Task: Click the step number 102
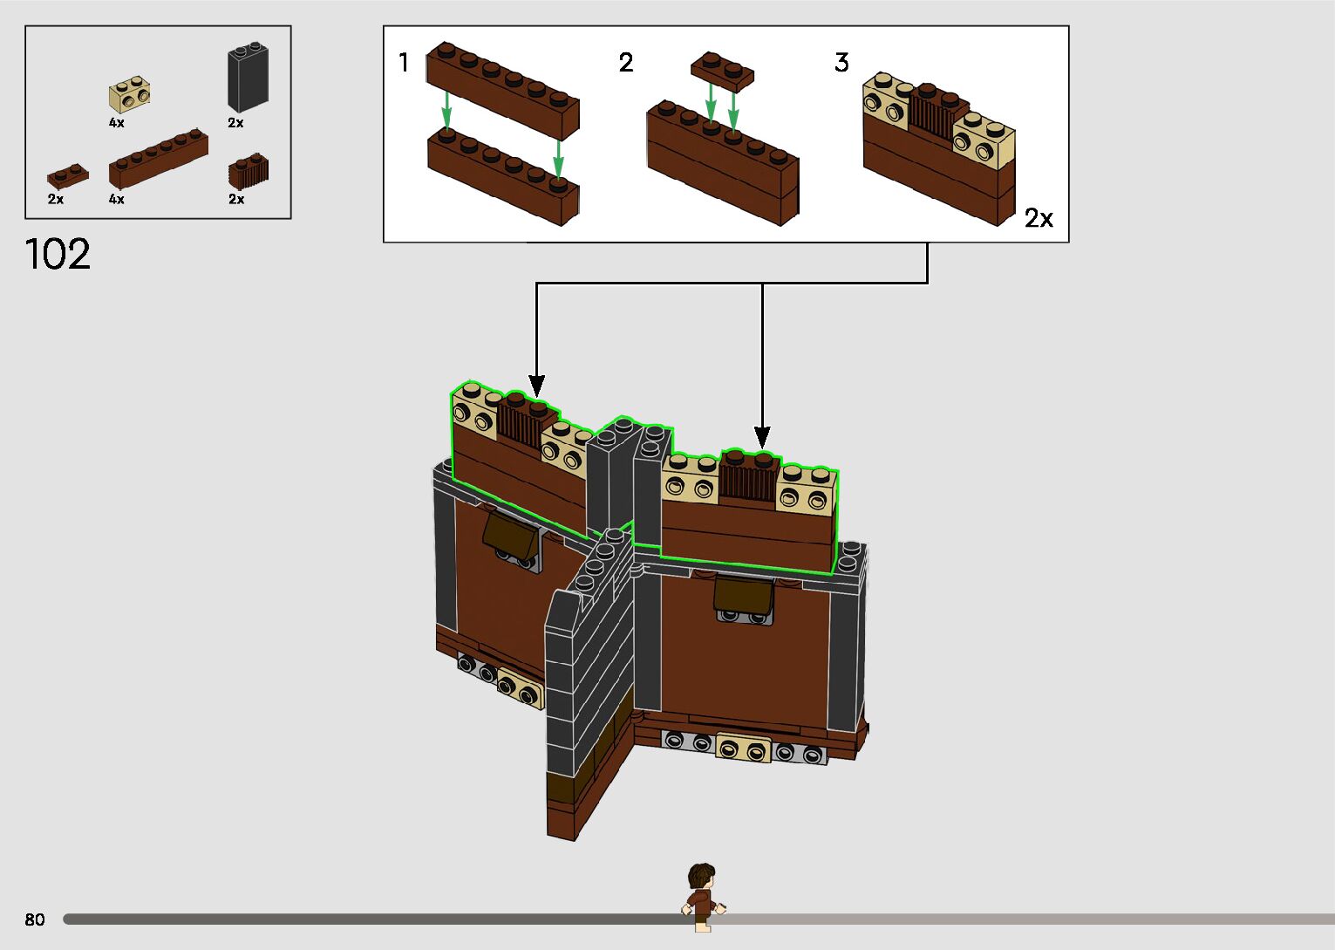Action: pos(58,254)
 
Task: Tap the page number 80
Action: pos(35,919)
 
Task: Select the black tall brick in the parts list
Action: pos(248,78)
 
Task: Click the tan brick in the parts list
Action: pos(129,95)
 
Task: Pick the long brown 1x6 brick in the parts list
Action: pos(158,159)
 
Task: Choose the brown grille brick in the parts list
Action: pos(248,172)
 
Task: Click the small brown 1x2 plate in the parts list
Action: pos(67,177)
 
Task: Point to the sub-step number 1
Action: pos(404,63)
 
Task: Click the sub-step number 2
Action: pos(626,63)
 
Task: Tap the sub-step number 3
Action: pos(841,63)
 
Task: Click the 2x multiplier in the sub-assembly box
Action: pos(1039,218)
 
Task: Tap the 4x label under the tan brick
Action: pos(117,123)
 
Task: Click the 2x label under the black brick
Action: pos(235,123)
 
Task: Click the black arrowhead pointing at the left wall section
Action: pos(537,385)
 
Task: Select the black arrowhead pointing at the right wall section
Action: pos(762,436)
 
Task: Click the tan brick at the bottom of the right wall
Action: pos(743,748)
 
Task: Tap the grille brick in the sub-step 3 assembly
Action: pos(931,115)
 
